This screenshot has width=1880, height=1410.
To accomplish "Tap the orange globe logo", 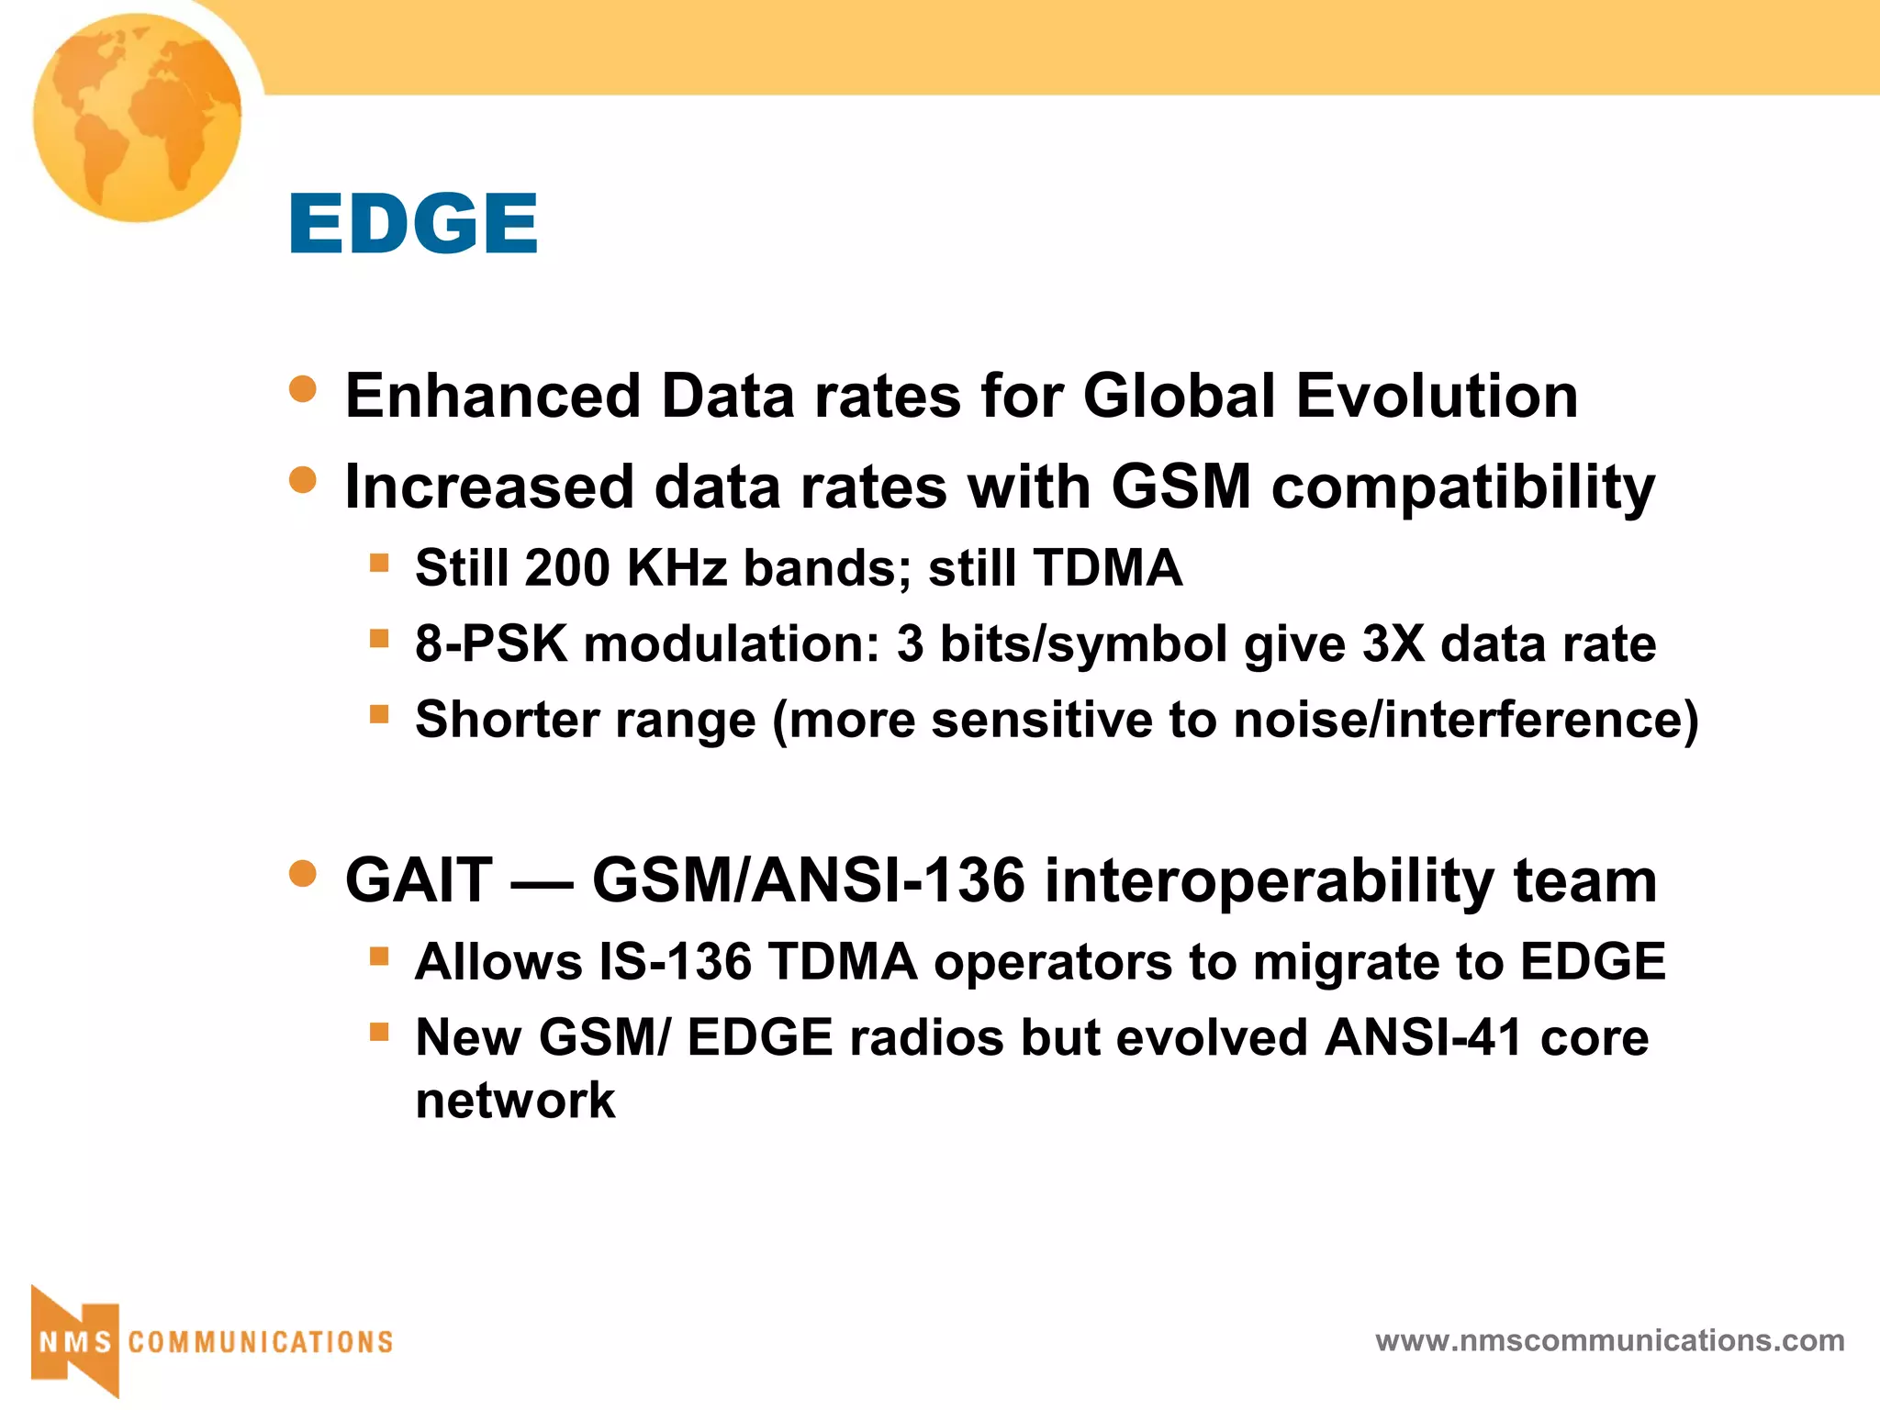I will (x=138, y=117).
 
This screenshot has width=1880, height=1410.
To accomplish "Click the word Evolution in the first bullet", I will (x=1437, y=397).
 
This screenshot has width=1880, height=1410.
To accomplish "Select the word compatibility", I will (x=1463, y=487).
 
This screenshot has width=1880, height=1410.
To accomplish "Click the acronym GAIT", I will (x=419, y=880).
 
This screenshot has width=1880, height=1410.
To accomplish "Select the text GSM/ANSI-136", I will (x=808, y=880).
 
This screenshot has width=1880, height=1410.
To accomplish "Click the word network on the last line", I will (x=515, y=1101).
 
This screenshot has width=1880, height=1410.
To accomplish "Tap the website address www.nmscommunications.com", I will (x=1609, y=1340).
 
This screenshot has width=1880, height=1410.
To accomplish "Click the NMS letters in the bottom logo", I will (x=75, y=1342).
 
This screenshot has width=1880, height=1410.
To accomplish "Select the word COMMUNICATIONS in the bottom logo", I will (x=261, y=1342).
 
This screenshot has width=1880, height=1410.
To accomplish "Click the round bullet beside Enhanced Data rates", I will (x=303, y=388).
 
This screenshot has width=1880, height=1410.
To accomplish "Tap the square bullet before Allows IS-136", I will (x=379, y=957).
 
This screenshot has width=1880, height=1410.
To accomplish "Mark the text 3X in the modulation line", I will (x=1393, y=643).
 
